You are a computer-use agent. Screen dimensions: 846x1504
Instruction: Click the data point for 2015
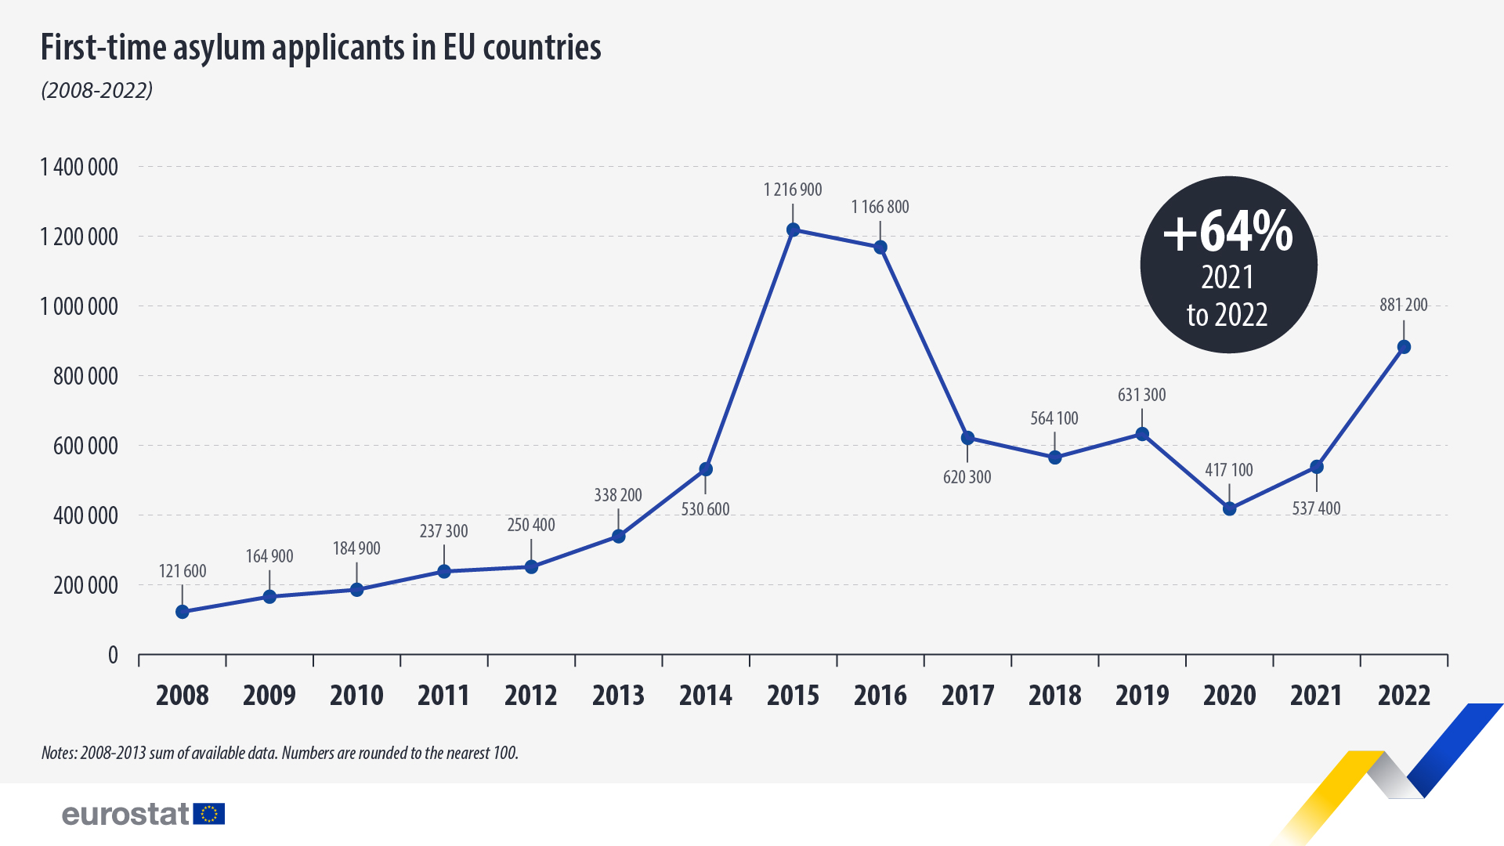[x=793, y=230]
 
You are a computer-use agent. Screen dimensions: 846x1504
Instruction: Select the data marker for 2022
[x=1404, y=347]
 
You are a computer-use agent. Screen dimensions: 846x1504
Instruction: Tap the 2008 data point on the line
[x=183, y=612]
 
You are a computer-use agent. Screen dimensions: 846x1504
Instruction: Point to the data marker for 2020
[x=1229, y=508]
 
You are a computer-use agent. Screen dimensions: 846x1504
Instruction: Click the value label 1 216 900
[x=793, y=190]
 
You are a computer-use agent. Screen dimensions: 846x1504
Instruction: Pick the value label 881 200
[x=1403, y=305]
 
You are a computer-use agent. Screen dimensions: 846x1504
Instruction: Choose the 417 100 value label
[x=1228, y=470]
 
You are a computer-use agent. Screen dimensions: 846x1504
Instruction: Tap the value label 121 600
[x=183, y=571]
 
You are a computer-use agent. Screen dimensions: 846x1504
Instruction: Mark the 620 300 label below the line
[x=967, y=477]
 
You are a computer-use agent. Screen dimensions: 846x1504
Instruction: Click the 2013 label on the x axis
[x=618, y=695]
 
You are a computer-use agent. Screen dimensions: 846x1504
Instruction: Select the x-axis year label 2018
[x=1054, y=695]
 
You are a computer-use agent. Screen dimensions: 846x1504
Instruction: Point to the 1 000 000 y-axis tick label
[x=79, y=306]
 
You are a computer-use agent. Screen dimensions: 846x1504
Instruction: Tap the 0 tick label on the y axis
[x=113, y=655]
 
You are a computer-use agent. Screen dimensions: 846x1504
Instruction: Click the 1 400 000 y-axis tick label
[x=79, y=167]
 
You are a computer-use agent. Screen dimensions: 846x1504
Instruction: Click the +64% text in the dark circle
[x=1227, y=232]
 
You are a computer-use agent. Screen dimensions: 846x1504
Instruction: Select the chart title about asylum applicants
[x=320, y=48]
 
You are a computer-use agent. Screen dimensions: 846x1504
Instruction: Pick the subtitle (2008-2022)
[x=96, y=91]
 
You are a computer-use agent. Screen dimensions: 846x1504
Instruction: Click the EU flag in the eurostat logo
[x=209, y=814]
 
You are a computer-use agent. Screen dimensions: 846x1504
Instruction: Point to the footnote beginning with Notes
[x=280, y=753]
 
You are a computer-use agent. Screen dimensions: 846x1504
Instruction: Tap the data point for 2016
[x=880, y=248]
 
